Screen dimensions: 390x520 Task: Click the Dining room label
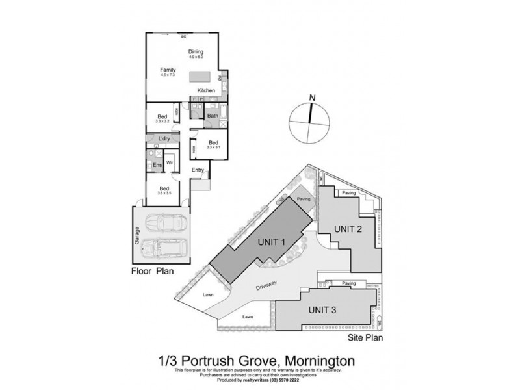pyautogui.click(x=196, y=52)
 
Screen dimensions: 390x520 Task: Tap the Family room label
pyautogui.click(x=168, y=69)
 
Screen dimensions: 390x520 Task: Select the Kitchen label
pyautogui.click(x=206, y=90)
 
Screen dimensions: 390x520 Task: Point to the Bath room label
pyautogui.click(x=212, y=116)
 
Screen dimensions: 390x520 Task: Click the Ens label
pyautogui.click(x=157, y=166)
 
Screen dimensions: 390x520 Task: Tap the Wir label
pyautogui.click(x=170, y=162)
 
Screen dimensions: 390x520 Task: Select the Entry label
pyautogui.click(x=198, y=170)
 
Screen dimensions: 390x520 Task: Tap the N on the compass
pyautogui.click(x=313, y=98)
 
